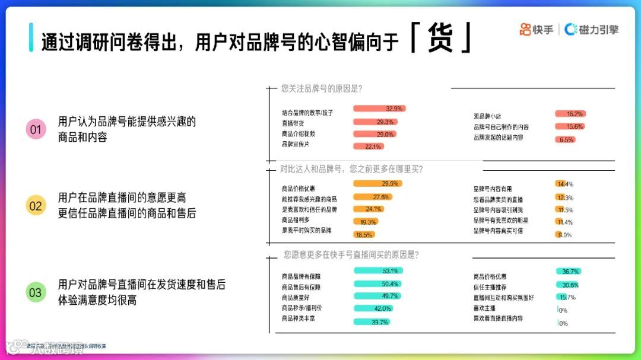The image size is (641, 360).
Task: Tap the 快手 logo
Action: (537, 29)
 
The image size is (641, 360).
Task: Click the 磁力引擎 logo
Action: (591, 29)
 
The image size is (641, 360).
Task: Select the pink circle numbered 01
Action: (36, 129)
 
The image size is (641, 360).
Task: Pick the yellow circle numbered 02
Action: (36, 205)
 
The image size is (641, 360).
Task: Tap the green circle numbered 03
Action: (36, 292)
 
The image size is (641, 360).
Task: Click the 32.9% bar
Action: (379, 109)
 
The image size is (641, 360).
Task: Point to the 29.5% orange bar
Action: (377, 184)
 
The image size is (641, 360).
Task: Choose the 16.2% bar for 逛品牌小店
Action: (570, 114)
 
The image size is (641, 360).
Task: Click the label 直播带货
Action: (293, 123)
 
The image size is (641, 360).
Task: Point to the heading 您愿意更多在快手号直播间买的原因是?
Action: (351, 255)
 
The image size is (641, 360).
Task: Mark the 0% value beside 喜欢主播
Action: (563, 310)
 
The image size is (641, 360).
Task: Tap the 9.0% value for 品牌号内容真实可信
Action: (564, 235)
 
